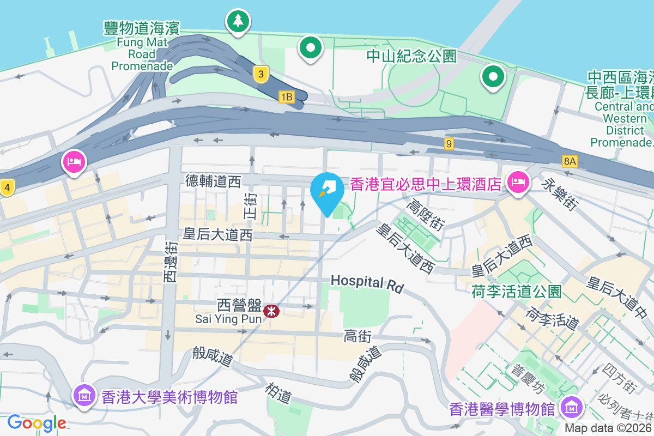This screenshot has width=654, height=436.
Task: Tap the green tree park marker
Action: pyautogui.click(x=238, y=21)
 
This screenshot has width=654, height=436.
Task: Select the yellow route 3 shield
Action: pyautogui.click(x=262, y=74)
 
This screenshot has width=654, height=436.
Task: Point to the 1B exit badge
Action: pyautogui.click(x=287, y=97)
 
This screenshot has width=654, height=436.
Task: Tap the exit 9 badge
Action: pyautogui.click(x=449, y=144)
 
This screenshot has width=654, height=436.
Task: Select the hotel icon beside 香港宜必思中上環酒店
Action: pyautogui.click(x=517, y=182)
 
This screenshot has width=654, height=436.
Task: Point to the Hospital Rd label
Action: pyautogui.click(x=366, y=282)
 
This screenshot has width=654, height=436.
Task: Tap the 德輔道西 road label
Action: pyautogui.click(x=213, y=181)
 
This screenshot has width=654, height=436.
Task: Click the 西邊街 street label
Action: pyautogui.click(x=170, y=262)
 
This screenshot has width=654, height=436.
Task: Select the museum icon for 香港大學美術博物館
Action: pyautogui.click(x=85, y=394)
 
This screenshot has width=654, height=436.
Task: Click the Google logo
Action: pyautogui.click(x=37, y=422)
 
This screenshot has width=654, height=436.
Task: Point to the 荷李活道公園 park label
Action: pyautogui.click(x=516, y=291)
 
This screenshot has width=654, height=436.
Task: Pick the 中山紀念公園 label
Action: pyautogui.click(x=411, y=56)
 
